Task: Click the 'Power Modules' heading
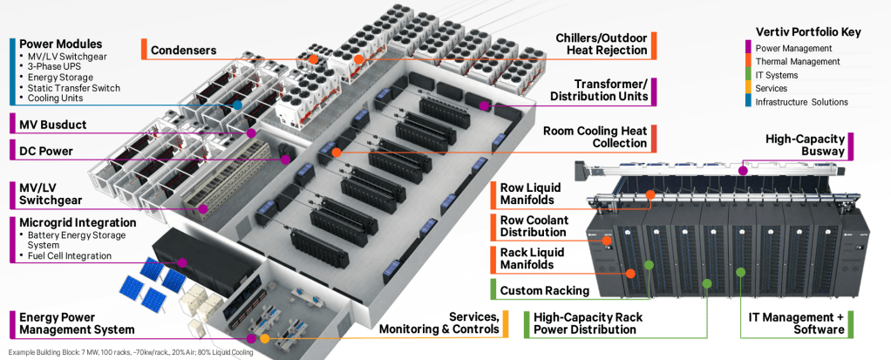tap(60, 44)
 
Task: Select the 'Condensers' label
tap(183, 51)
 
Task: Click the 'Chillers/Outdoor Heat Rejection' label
tap(602, 44)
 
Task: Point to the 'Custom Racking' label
tap(544, 290)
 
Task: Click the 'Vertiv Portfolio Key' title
tap(807, 32)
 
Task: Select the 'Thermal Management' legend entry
tap(797, 62)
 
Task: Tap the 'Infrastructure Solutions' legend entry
tap(801, 102)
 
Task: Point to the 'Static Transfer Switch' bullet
tap(73, 88)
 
